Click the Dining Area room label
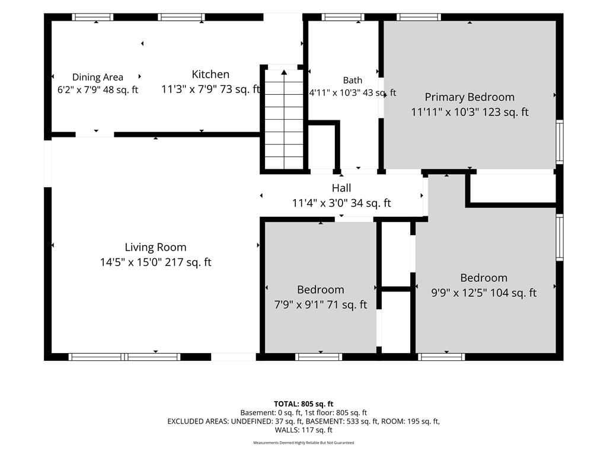(x=98, y=77)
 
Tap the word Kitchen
(x=210, y=74)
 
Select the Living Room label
(x=156, y=247)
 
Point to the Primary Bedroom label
(x=469, y=97)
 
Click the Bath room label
(x=353, y=80)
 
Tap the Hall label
(x=341, y=188)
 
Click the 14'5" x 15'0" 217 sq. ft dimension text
(x=156, y=262)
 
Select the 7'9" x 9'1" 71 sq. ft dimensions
(x=321, y=305)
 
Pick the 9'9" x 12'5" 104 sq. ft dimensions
(x=484, y=293)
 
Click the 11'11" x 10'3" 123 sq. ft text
(x=469, y=112)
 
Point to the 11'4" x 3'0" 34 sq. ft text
(x=341, y=203)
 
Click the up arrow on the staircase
(x=284, y=72)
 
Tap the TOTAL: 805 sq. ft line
(x=303, y=404)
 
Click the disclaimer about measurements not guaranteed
(x=303, y=443)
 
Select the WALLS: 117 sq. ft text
(x=303, y=430)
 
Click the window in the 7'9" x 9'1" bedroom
(x=318, y=357)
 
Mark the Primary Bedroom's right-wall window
(x=560, y=142)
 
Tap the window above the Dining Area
(x=92, y=17)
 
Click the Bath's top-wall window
(x=343, y=17)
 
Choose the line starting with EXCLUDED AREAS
(x=303, y=421)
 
